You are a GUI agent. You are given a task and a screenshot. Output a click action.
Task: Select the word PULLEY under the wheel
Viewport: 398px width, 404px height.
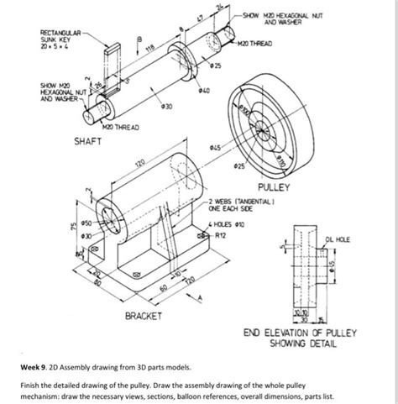tap(275, 186)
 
